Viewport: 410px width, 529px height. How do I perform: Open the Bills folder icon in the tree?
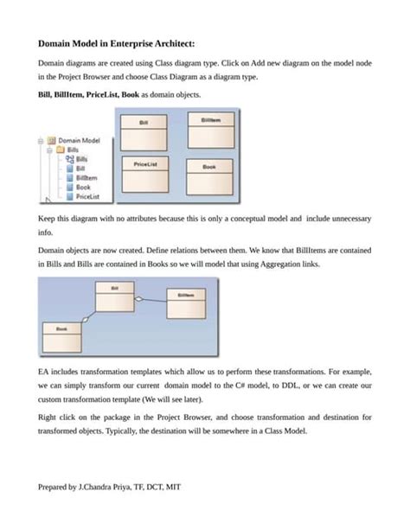point(60,149)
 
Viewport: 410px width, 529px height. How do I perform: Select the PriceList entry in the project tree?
point(87,196)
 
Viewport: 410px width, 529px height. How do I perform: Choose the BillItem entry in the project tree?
point(86,177)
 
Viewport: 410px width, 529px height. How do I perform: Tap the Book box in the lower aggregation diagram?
point(61,334)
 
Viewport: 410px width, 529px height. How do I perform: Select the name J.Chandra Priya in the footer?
point(112,487)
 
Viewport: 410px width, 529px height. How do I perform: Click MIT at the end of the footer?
point(173,487)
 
